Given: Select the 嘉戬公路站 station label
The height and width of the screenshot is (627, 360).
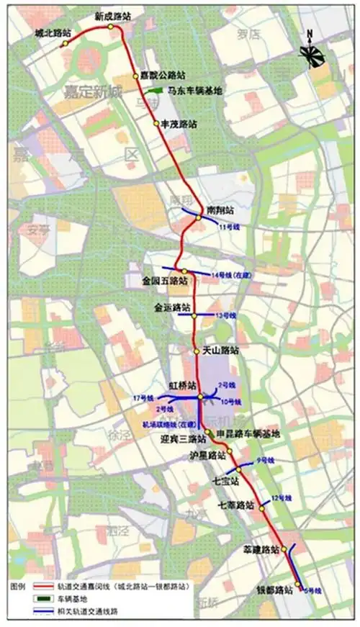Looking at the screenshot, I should [x=163, y=74].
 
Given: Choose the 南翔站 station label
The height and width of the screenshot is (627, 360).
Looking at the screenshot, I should [x=219, y=209].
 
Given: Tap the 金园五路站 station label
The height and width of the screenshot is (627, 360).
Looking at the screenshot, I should [x=164, y=281].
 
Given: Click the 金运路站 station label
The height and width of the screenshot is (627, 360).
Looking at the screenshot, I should [x=172, y=306].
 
